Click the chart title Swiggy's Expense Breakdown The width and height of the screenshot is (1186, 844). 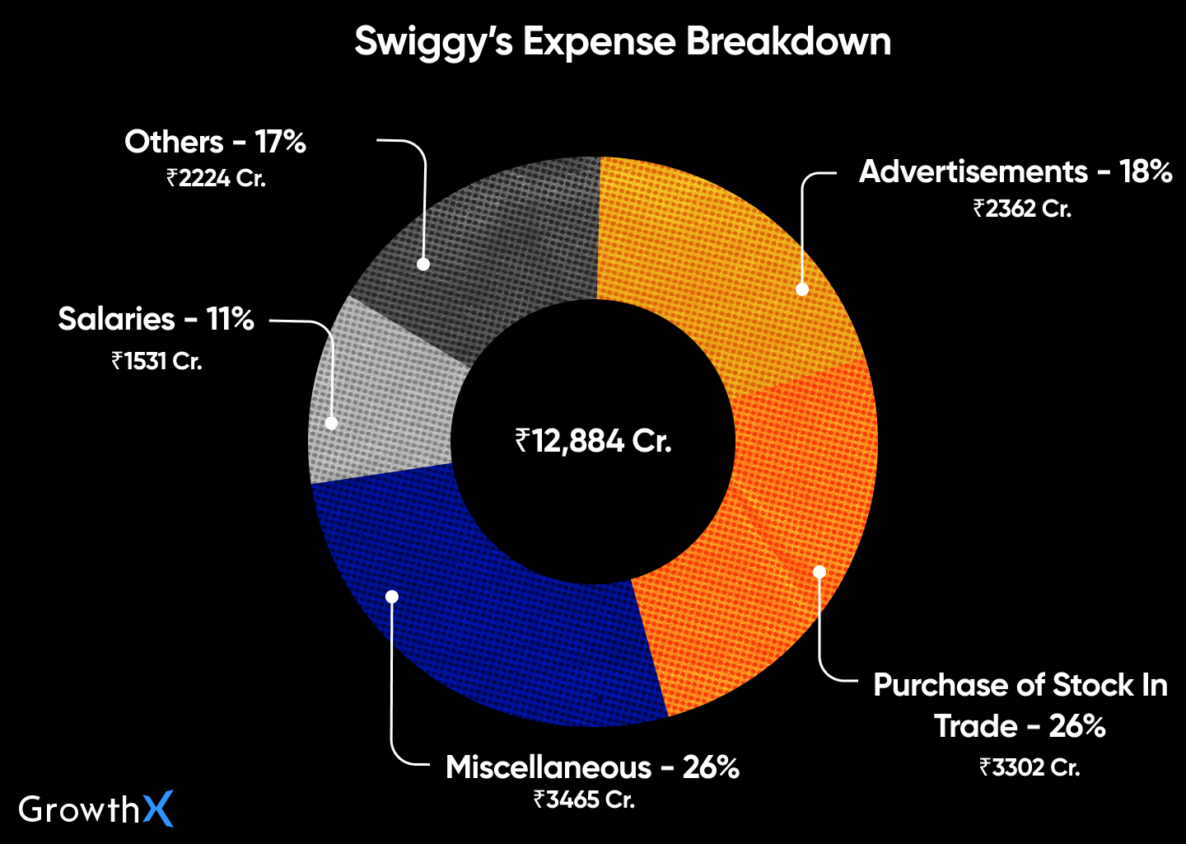(623, 41)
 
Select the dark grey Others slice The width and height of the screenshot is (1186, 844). (494, 239)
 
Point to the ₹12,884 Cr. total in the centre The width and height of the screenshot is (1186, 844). (593, 442)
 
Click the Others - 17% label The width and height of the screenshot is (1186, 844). (215, 142)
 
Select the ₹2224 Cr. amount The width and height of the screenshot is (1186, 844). (216, 178)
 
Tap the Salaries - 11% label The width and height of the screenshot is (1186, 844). (156, 319)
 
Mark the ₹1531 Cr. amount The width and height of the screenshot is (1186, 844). (156, 361)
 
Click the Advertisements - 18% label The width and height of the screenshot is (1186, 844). (1016, 171)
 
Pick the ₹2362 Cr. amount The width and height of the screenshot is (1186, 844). (1022, 209)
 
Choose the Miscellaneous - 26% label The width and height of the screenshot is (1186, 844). (592, 767)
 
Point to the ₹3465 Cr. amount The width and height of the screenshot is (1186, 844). (584, 799)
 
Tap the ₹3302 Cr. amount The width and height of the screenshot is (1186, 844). (1030, 767)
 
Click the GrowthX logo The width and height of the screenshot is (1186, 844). (96, 809)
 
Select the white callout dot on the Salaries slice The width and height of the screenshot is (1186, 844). (331, 423)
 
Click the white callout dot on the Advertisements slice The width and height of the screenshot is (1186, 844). (802, 288)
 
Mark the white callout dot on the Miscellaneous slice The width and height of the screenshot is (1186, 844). (392, 596)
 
